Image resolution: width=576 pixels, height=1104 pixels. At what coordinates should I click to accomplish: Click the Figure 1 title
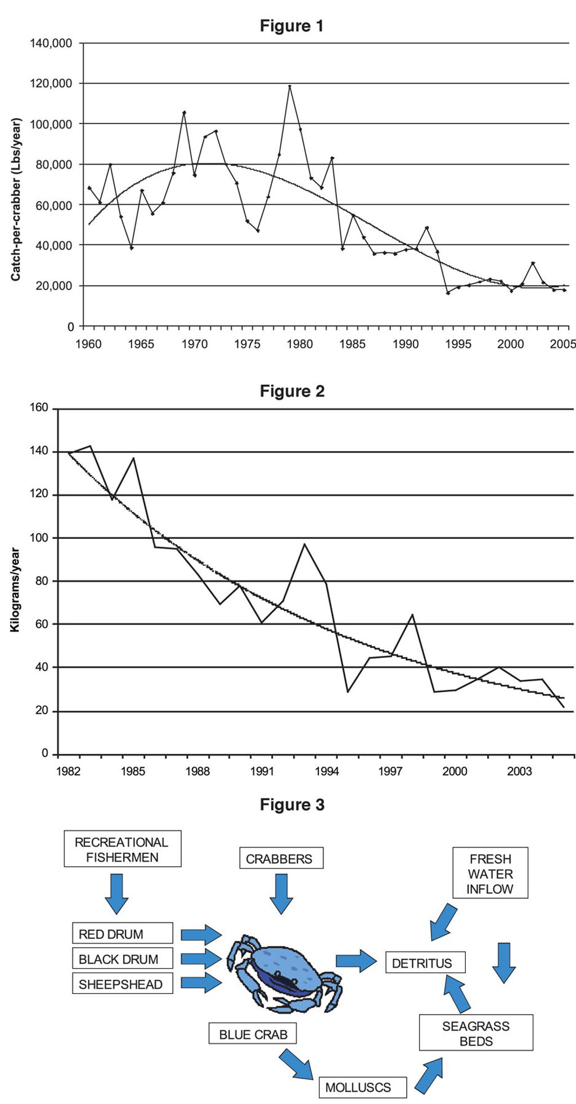pyautogui.click(x=291, y=26)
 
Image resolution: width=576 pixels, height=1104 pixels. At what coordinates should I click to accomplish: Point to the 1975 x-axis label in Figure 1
pyautogui.click(x=247, y=344)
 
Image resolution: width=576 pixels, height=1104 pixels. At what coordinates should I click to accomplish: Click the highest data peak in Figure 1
pyautogui.click(x=290, y=86)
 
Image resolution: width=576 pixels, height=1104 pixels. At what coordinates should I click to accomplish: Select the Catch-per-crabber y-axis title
pyautogui.click(x=16, y=199)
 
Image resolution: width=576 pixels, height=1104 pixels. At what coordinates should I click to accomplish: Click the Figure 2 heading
pyautogui.click(x=292, y=391)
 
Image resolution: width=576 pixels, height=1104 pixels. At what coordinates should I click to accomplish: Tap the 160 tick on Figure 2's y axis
pyautogui.click(x=39, y=408)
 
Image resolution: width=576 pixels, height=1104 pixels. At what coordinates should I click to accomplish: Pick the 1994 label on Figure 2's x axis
pyautogui.click(x=327, y=771)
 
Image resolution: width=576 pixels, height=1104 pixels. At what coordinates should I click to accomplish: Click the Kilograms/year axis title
pyautogui.click(x=15, y=590)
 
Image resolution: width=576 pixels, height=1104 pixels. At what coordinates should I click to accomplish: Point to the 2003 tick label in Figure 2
pyautogui.click(x=519, y=771)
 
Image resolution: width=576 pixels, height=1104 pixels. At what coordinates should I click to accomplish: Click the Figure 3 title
pyautogui.click(x=292, y=805)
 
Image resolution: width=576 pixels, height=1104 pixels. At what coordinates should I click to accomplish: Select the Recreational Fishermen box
pyautogui.click(x=122, y=849)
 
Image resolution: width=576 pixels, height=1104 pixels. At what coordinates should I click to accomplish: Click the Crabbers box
pyautogui.click(x=281, y=858)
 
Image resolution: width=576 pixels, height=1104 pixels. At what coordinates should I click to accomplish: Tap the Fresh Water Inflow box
pyautogui.click(x=490, y=874)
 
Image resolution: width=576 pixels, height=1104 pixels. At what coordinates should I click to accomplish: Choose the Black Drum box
pyautogui.click(x=122, y=959)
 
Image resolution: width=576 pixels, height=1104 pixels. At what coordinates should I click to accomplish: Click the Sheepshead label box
pyautogui.click(x=122, y=984)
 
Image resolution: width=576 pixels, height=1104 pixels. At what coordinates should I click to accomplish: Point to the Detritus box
pyautogui.click(x=425, y=963)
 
